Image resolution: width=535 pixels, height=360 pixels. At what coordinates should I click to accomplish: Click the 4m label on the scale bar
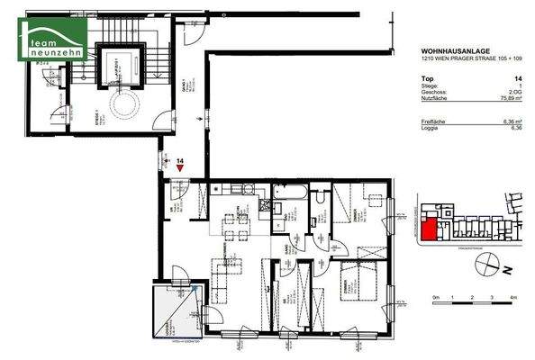click(x=512, y=297)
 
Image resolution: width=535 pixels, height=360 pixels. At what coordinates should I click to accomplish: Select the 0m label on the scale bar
click(x=435, y=297)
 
